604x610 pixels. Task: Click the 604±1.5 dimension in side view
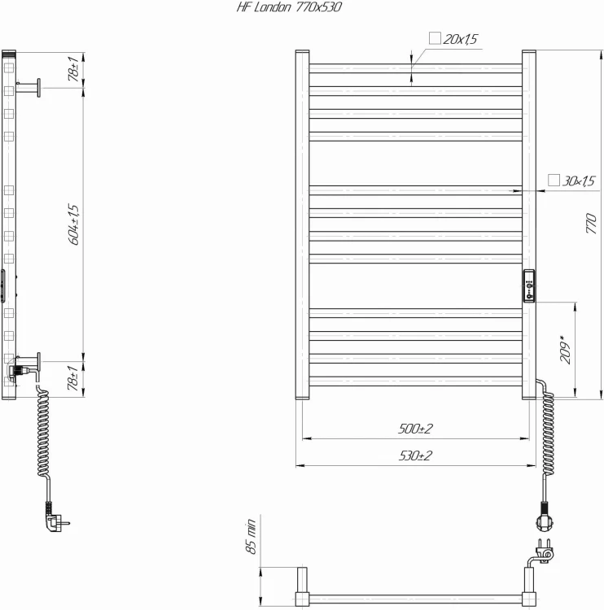(74, 224)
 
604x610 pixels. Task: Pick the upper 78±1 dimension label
(73, 70)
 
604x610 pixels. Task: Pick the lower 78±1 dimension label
(73, 379)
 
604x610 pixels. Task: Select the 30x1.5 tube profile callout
(579, 181)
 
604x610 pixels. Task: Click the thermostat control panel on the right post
(530, 285)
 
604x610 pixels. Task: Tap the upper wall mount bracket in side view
(32, 86)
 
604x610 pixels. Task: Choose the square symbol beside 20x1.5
(434, 38)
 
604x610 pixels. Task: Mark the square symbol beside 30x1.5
(554, 180)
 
